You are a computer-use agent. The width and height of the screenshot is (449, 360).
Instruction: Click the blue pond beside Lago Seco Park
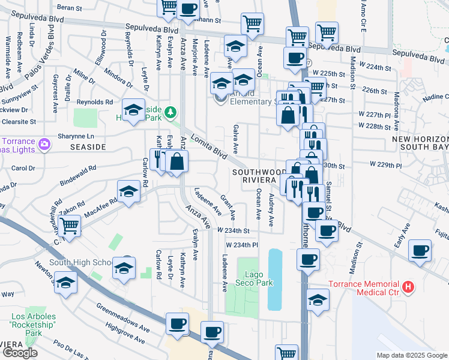tap(275, 280)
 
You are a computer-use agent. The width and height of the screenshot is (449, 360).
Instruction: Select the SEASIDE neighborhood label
tap(88, 147)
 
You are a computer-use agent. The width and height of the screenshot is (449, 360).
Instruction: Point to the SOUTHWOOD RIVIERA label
tap(256, 176)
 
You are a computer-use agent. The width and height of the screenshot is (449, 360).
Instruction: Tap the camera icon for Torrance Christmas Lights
tap(44, 144)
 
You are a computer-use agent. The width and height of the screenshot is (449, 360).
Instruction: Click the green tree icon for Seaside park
tap(171, 112)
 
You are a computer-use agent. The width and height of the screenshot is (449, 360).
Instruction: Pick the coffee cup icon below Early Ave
tap(420, 250)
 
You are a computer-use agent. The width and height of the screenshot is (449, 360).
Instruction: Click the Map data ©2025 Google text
tap(411, 355)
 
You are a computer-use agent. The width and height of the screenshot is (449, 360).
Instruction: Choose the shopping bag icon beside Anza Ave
tap(178, 161)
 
